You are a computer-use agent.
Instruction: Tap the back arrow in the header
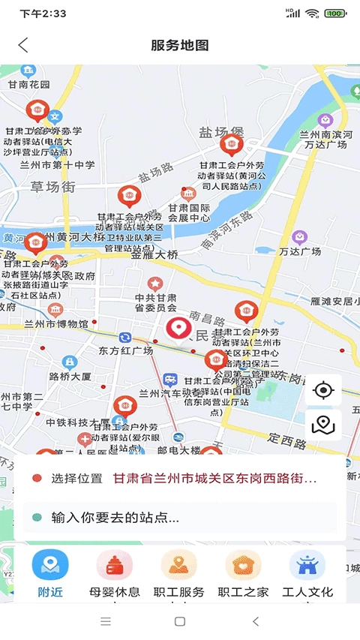(x=23, y=45)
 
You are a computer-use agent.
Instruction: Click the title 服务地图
(x=180, y=45)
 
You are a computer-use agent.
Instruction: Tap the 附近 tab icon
(x=50, y=565)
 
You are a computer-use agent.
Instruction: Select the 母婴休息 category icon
(x=115, y=565)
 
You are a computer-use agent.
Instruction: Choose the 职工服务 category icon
(x=179, y=565)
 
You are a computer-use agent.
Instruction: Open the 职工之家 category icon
(x=243, y=565)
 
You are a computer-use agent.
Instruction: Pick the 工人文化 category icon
(x=307, y=565)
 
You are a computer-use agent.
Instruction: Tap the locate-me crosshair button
(x=323, y=390)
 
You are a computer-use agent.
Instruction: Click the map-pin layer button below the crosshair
(x=323, y=425)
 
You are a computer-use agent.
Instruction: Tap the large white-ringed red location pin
(x=178, y=329)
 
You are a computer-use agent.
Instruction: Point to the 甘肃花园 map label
(x=30, y=85)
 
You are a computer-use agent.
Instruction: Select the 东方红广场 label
(x=126, y=350)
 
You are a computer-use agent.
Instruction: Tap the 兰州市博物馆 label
(x=56, y=324)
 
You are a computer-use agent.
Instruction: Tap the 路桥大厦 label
(x=70, y=376)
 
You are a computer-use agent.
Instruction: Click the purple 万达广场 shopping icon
(x=299, y=238)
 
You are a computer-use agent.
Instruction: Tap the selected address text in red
(x=214, y=478)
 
